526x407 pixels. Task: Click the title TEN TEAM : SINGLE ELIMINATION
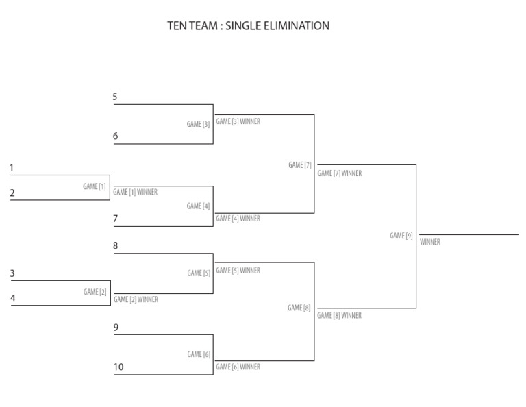point(249,27)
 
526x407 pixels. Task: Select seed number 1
point(12,168)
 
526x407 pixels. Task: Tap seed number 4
point(12,298)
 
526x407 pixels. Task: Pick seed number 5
point(116,97)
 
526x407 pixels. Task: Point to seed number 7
point(116,218)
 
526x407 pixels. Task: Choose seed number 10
point(118,367)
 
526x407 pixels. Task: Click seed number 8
point(116,245)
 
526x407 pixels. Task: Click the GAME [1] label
point(95,186)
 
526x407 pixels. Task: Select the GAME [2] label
point(95,292)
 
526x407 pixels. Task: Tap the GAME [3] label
point(199,124)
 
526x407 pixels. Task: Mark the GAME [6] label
point(199,354)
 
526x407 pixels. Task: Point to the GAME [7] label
point(300,165)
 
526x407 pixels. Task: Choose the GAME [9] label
point(401,236)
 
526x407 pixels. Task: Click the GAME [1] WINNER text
point(136,193)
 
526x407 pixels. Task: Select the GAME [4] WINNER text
point(238,219)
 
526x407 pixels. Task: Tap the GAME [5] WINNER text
point(238,271)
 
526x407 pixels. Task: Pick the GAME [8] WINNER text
point(340,316)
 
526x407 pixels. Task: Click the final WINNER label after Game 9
point(430,242)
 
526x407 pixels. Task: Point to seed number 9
point(116,328)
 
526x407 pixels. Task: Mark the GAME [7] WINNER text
point(340,173)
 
